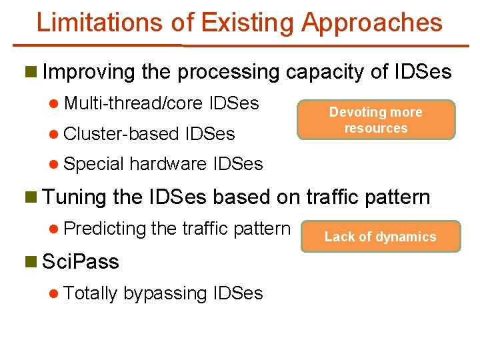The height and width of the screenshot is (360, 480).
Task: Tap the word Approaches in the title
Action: tap(371, 23)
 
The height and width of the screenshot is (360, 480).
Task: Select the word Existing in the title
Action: tap(247, 23)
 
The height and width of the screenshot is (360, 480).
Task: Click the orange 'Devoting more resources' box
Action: tap(376, 120)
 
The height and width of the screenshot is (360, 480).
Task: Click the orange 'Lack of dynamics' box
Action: tap(380, 237)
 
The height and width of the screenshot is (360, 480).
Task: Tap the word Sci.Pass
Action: tap(80, 262)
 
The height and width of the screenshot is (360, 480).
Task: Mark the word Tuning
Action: tap(74, 197)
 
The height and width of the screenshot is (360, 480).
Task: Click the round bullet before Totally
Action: tap(55, 293)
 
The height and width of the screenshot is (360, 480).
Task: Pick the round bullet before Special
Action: tap(55, 164)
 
